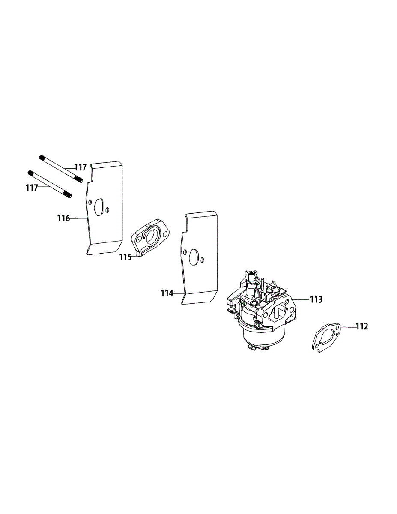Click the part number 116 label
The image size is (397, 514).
pos(63,218)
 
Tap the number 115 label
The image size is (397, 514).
pos(125,257)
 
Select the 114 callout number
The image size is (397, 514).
pos(167,293)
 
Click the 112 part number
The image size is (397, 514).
pos(361,326)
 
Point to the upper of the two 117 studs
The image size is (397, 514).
pos(61,168)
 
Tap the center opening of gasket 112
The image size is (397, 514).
pos(328,336)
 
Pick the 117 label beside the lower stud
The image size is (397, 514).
pos(32,187)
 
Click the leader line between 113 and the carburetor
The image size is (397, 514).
pos(301,299)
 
